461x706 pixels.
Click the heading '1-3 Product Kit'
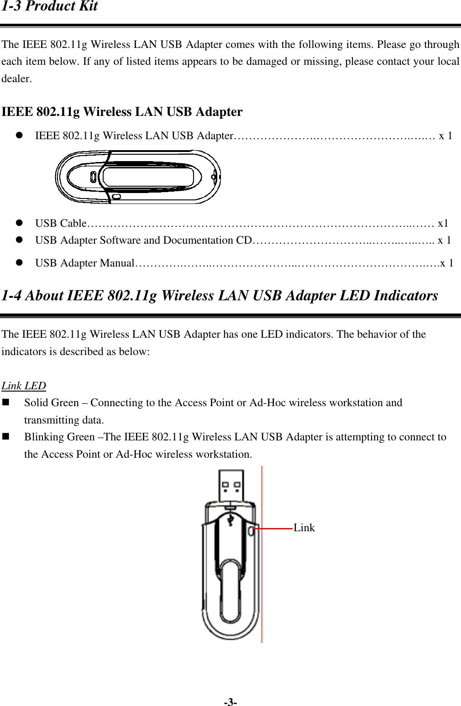pyautogui.click(x=50, y=6)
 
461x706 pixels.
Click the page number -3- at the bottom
pyautogui.click(x=230, y=702)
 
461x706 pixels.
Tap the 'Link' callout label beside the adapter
pyautogui.click(x=304, y=528)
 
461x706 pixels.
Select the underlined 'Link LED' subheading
pyautogui.click(x=24, y=386)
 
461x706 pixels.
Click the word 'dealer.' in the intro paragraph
pyautogui.click(x=17, y=78)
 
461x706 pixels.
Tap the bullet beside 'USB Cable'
pyautogui.click(x=20, y=223)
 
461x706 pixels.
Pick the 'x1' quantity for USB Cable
pyautogui.click(x=443, y=223)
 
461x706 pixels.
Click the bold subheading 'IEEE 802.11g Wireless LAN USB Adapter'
pyautogui.click(x=122, y=112)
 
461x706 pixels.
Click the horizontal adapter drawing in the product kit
pyautogui.click(x=138, y=177)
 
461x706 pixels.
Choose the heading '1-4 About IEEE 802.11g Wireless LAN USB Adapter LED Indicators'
pyautogui.click(x=220, y=295)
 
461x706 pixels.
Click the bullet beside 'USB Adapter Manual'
pyautogui.click(x=20, y=263)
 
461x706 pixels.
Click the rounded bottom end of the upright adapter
pyautogui.click(x=230, y=632)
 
